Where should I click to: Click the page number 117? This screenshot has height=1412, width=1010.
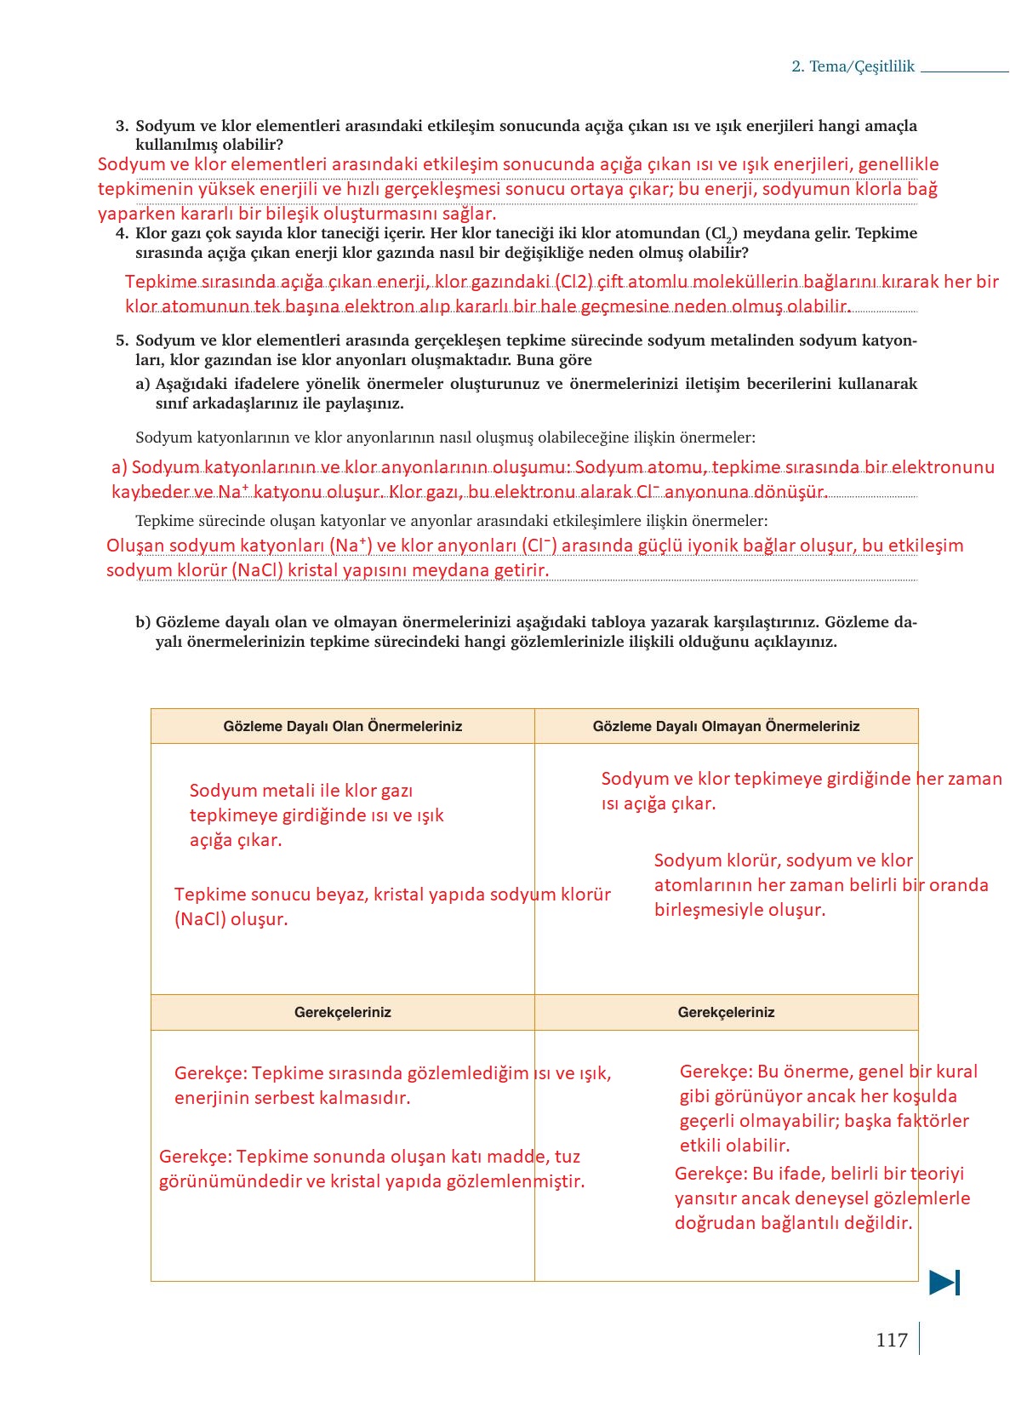[x=891, y=1341]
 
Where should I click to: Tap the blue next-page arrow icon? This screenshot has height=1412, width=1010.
[x=944, y=1282]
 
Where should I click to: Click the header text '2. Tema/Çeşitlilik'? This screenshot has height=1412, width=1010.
[x=853, y=66]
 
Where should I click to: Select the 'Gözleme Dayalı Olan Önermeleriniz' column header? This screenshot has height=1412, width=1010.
[x=342, y=726]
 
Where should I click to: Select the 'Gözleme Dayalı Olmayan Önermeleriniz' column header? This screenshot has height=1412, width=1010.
[x=726, y=726]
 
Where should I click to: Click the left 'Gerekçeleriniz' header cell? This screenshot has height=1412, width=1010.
[x=342, y=1012]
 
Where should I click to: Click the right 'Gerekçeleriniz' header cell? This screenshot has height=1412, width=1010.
[x=726, y=1012]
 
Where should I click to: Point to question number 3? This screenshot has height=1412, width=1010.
[x=122, y=126]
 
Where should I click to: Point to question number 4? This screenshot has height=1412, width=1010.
[x=122, y=233]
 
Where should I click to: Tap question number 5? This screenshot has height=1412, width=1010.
[x=122, y=340]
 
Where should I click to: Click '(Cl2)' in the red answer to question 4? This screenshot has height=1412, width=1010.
[x=573, y=282]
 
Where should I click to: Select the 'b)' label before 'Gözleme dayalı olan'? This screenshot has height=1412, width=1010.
[x=142, y=622]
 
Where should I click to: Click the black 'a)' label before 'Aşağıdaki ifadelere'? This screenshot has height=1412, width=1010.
[x=142, y=384]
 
